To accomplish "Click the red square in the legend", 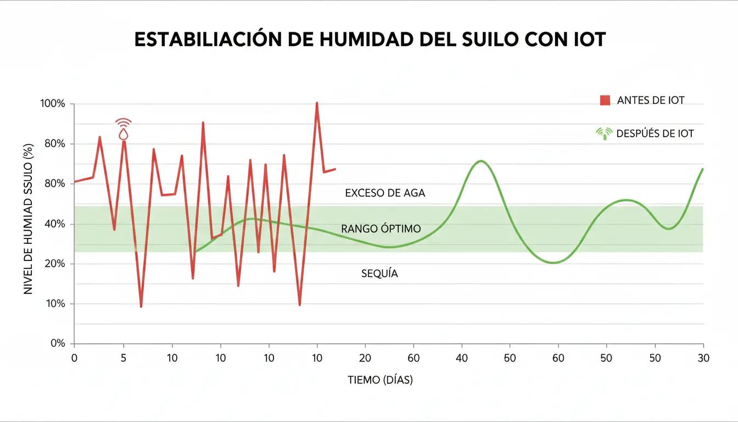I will click(x=605, y=100).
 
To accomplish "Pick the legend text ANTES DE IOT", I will click(x=651, y=100).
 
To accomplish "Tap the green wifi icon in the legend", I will click(x=604, y=133).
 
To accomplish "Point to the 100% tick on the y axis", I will click(x=53, y=104).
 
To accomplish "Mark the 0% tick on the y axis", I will click(x=58, y=343).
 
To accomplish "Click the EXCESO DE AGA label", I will click(x=385, y=193).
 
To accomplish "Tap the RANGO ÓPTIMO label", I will click(x=381, y=228).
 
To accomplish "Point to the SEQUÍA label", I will click(x=379, y=273).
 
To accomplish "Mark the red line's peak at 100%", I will click(x=317, y=103).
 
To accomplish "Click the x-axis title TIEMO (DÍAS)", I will click(x=380, y=380).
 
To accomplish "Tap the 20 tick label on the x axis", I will click(x=365, y=358).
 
